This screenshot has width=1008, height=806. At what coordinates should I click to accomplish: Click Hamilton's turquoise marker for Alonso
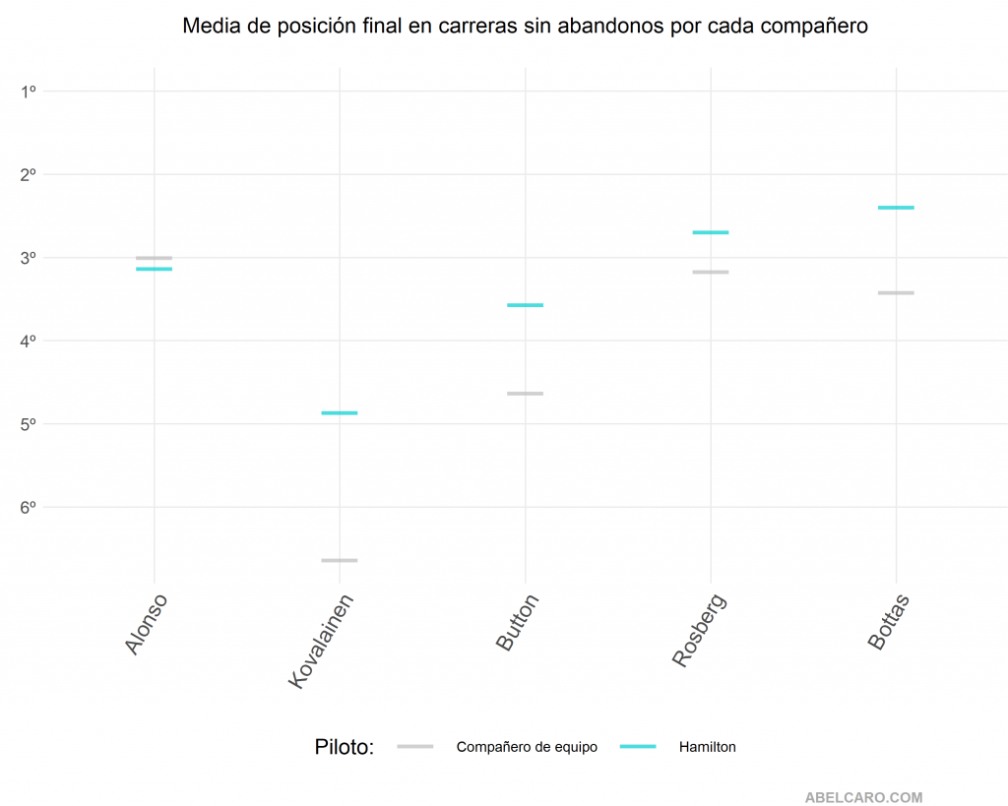point(154,269)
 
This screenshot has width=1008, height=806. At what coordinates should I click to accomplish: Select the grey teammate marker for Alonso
point(154,258)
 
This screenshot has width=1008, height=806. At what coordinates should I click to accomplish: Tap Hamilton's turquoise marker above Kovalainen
point(340,413)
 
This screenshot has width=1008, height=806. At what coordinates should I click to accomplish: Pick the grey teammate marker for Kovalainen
point(340,560)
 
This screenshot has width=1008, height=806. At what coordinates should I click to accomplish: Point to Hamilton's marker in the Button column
point(525,305)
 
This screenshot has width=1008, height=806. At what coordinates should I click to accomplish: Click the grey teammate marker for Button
point(525,394)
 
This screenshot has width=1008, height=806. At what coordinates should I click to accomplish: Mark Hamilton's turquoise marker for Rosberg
point(711,232)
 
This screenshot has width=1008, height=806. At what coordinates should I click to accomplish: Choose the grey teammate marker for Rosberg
point(711,272)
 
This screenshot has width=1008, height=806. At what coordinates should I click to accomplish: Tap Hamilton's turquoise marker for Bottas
point(896,208)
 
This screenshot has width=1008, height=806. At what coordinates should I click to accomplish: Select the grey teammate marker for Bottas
point(896,293)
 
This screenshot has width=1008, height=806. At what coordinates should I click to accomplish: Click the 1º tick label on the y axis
point(28,92)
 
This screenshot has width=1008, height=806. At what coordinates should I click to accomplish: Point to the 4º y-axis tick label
point(28,341)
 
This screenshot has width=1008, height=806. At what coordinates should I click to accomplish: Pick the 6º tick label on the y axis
point(28,507)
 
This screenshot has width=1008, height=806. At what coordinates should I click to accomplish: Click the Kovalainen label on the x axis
point(322,640)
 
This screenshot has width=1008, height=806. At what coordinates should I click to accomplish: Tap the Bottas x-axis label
point(888,622)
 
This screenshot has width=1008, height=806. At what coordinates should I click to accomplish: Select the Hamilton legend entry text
point(707,747)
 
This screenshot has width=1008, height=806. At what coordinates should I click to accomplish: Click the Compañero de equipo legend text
point(527,747)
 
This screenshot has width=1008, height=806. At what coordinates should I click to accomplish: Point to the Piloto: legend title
point(345,747)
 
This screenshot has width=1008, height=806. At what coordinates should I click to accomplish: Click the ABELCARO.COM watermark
point(863,798)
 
